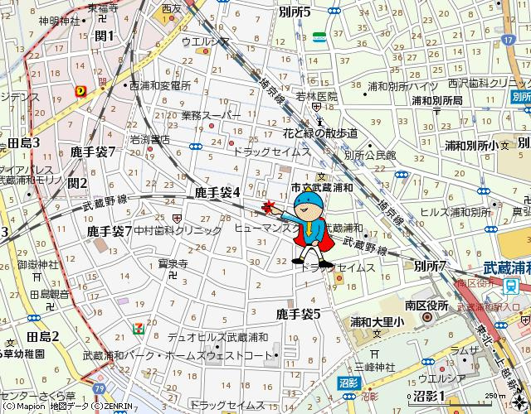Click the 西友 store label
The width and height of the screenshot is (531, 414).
172,9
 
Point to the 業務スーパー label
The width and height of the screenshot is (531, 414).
211,115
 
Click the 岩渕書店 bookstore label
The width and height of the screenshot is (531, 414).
149,140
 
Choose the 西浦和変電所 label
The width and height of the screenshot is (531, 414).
161,85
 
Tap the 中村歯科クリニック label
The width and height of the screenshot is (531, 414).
178,230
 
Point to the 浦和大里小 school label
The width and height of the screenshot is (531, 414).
377,322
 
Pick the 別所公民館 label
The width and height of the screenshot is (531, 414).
370,155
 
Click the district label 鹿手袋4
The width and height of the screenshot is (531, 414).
217,192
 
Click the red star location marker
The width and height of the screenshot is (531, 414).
266,206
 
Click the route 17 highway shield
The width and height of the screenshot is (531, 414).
508,39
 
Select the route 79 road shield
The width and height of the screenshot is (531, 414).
100,388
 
